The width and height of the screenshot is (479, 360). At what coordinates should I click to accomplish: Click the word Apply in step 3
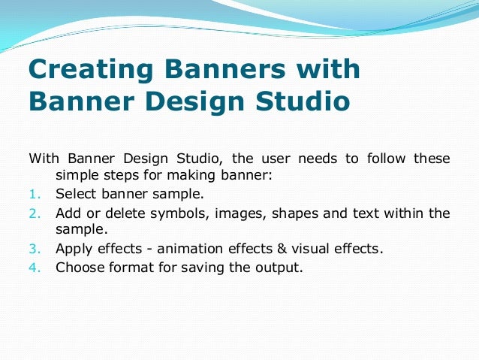coord(74,248)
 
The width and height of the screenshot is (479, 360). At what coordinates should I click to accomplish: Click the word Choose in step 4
coord(79,266)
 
